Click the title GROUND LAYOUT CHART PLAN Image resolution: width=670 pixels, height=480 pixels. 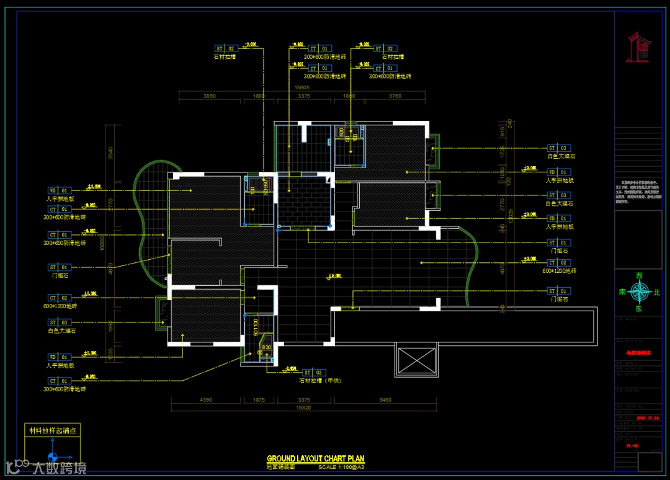point(316,459)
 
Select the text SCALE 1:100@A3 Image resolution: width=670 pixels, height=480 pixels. point(341,467)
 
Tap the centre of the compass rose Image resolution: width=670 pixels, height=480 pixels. point(639,291)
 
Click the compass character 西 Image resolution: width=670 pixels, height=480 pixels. point(639,275)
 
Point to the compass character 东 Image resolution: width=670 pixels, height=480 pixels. point(639,308)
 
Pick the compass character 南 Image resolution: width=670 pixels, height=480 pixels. point(622,291)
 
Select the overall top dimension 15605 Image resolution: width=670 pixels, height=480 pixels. point(302,88)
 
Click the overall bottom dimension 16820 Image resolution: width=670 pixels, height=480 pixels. point(303,408)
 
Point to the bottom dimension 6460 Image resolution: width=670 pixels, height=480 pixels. point(385,400)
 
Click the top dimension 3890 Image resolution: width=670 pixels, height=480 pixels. point(210,96)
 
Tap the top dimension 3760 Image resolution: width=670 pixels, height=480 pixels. point(395,96)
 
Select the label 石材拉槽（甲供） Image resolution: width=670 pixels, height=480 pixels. point(322,381)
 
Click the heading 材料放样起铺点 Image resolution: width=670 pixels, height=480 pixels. point(51,430)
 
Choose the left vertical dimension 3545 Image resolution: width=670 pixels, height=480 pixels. point(110,153)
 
